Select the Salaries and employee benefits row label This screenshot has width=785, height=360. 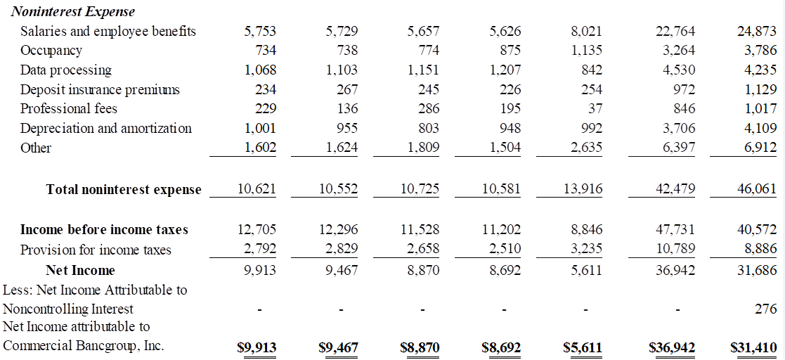pyautogui.click(x=108, y=31)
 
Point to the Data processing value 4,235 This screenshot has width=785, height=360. pyautogui.click(x=759, y=70)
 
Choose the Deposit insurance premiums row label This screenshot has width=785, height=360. pyautogui.click(x=100, y=89)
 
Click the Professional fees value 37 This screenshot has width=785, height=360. pyautogui.click(x=593, y=108)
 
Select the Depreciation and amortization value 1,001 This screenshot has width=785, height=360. pyautogui.click(x=260, y=128)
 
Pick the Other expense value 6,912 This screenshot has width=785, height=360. pyautogui.click(x=759, y=148)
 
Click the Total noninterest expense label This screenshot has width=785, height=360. pyautogui.click(x=124, y=189)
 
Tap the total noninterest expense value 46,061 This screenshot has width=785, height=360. pyautogui.click(x=756, y=190)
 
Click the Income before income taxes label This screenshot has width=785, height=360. pyautogui.click(x=104, y=230)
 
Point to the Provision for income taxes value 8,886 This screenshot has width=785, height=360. pyautogui.click(x=759, y=249)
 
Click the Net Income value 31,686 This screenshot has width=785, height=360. pyautogui.click(x=756, y=270)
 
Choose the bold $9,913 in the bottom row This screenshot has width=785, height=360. pyautogui.click(x=257, y=347)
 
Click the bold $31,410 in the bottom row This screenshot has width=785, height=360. pyautogui.click(x=753, y=347)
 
